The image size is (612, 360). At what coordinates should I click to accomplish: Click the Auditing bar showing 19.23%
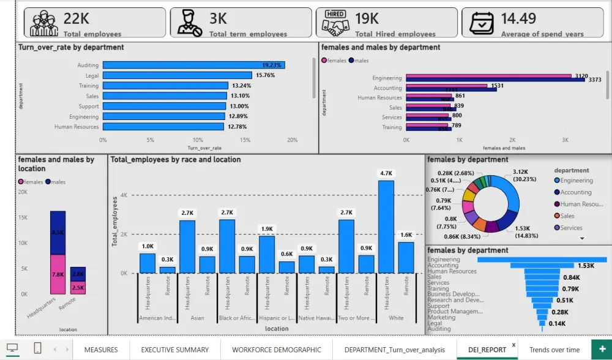coord(193,65)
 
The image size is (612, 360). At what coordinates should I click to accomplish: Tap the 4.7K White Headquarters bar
coord(386,227)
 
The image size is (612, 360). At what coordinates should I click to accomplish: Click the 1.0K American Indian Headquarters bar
coord(147,263)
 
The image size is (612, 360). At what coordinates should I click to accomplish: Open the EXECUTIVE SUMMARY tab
coord(175,350)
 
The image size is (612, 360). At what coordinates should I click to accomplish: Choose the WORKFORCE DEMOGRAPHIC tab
coord(277,350)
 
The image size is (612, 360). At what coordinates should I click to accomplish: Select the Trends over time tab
coord(554,350)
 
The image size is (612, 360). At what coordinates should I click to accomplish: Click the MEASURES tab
coord(101,350)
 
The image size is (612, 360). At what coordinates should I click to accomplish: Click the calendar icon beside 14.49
coord(482,23)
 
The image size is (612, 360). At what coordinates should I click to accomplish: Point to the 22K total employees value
coord(76,18)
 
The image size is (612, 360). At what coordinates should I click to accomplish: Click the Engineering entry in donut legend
coord(576,181)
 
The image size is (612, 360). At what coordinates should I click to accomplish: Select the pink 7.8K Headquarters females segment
coord(58,274)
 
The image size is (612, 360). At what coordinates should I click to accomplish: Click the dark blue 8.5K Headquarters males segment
coord(58,233)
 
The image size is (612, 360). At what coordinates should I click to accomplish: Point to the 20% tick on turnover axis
coord(293,140)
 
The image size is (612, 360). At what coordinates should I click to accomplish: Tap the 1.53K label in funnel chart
coord(586,265)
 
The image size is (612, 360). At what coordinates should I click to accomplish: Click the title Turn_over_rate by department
coord(71,47)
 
